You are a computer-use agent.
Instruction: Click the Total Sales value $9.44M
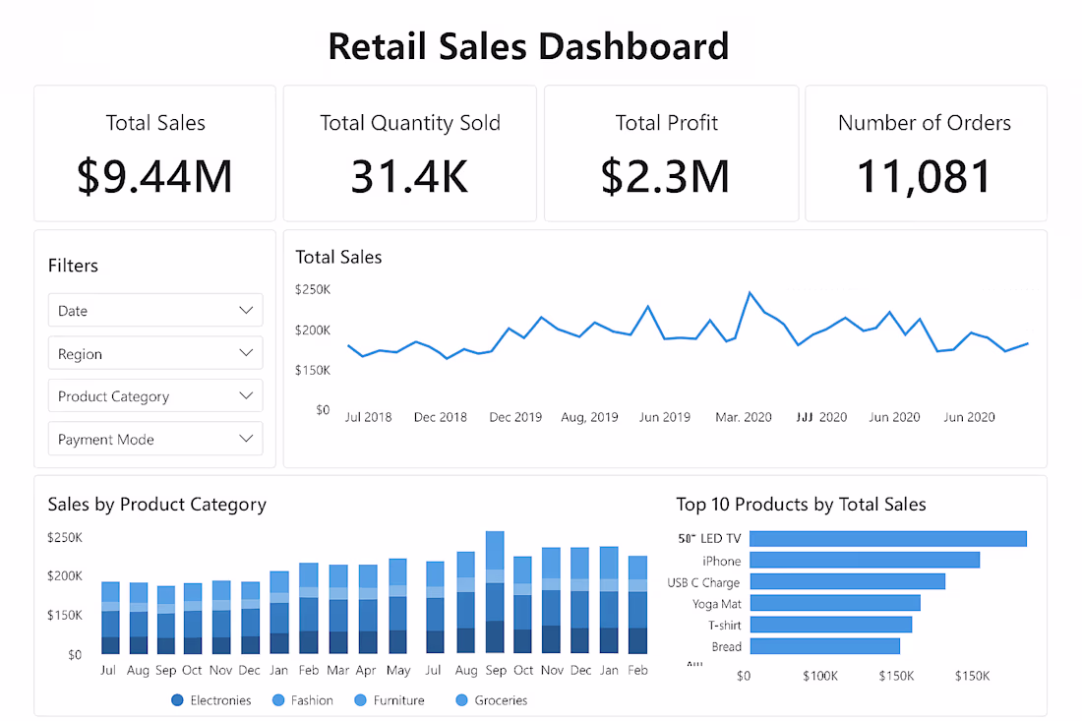coord(154,177)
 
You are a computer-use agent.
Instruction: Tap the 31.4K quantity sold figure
coord(409,177)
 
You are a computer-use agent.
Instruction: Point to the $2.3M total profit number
coord(666,177)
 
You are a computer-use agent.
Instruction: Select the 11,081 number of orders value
coord(925,177)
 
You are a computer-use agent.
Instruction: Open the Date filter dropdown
coord(155,310)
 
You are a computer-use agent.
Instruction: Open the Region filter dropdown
coord(155,353)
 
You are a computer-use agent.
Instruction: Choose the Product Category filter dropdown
coord(155,396)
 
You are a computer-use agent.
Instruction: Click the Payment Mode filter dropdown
coord(155,440)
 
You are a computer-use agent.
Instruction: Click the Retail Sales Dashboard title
coord(528,46)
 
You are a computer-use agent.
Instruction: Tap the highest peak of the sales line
coord(750,292)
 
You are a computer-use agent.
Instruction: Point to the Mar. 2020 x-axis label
coord(744,417)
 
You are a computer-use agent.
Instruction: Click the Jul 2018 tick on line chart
coord(368,417)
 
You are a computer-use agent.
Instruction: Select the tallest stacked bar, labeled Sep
coord(495,593)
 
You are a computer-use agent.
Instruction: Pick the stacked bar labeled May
coord(397,607)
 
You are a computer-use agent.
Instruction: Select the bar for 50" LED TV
coord(887,538)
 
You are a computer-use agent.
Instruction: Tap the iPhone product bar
coord(864,560)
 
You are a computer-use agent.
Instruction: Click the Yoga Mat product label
coord(717,603)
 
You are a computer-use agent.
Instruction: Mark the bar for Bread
coord(824,646)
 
